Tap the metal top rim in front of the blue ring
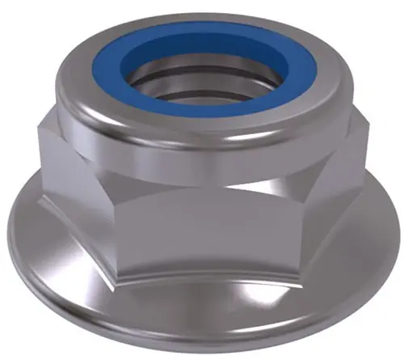201,124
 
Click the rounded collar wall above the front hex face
201,146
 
